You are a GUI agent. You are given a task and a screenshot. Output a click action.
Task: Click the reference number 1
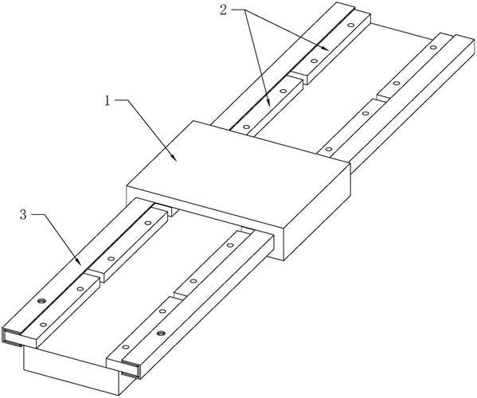107,100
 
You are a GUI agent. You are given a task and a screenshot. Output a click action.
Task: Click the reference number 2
224,10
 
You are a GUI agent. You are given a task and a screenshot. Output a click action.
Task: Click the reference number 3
23,215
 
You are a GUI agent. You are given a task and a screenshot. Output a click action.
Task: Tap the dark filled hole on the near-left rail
41,302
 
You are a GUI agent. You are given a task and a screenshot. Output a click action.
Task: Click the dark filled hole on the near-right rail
161,334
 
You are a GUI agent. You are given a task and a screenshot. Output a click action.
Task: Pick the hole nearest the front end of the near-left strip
43,325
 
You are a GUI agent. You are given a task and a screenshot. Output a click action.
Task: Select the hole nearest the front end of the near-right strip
125,347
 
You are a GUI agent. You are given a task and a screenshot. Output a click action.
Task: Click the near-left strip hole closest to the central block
148,223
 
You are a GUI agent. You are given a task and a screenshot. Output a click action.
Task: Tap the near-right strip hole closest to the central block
230,245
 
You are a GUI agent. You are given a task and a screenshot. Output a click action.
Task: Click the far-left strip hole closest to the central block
246,127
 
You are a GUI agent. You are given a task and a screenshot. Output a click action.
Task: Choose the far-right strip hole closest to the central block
329,149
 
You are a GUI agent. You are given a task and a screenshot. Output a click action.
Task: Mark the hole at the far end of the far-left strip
350,25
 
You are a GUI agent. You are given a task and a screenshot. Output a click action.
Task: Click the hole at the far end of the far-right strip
432,48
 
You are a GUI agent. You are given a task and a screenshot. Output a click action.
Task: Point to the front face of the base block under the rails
71,371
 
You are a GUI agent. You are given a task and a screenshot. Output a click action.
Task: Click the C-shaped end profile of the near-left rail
12,338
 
